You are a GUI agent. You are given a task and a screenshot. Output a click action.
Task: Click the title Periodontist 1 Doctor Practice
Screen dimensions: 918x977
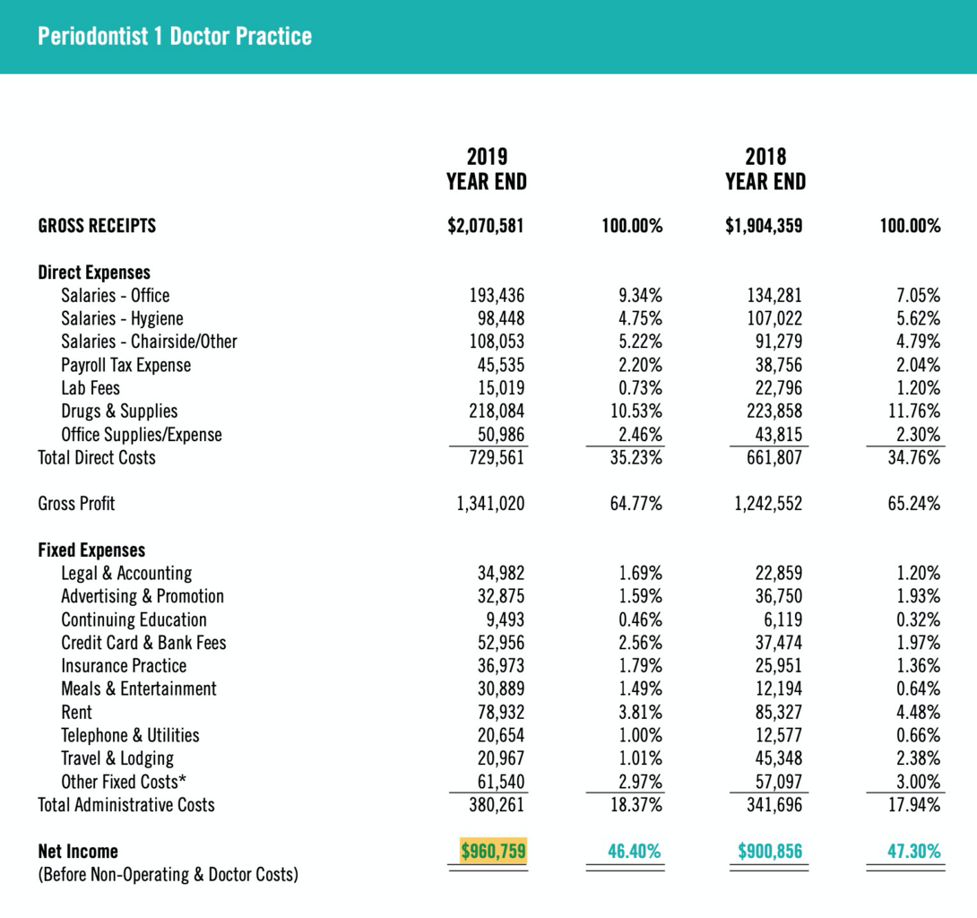coord(175,37)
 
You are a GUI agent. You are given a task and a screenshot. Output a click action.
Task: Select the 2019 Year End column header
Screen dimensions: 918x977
coord(486,169)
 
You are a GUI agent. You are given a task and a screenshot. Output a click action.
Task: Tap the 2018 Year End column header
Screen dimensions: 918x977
coord(765,169)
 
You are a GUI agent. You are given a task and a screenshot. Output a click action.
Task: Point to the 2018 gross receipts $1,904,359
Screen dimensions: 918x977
coord(764,226)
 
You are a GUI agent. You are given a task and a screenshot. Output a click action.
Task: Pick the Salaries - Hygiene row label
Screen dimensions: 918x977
coord(122,318)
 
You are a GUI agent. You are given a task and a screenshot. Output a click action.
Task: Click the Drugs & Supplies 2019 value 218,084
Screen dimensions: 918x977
coord(497,411)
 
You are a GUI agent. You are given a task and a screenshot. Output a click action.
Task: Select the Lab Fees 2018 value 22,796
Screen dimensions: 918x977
coord(775,388)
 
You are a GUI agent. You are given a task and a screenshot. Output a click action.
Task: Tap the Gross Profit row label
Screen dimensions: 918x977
coord(76,504)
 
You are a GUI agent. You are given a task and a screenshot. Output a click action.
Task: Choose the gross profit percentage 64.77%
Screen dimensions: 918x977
coord(636,504)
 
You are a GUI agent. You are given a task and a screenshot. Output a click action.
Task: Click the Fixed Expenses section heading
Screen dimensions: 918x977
coord(91,550)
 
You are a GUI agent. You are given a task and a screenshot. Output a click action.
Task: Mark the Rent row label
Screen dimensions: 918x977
coord(76,713)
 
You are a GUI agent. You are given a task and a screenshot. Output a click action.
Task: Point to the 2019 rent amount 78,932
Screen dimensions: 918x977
coord(501,713)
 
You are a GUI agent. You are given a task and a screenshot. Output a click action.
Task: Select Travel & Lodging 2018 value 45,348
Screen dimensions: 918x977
coord(775,758)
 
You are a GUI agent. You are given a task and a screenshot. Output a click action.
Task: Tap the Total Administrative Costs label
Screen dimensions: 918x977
coord(126,805)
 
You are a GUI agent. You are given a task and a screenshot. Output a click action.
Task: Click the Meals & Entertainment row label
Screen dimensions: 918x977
coord(139,689)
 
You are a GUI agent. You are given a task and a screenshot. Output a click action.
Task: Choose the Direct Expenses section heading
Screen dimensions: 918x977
coord(94,273)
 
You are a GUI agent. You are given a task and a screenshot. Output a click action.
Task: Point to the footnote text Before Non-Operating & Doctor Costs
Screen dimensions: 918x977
coord(168,874)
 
